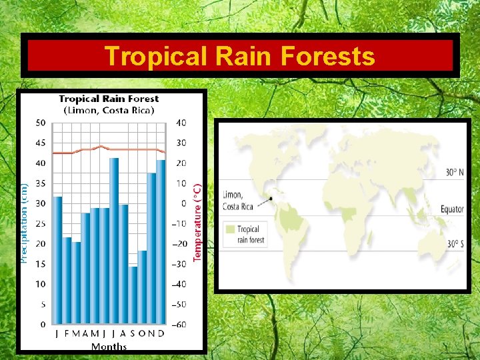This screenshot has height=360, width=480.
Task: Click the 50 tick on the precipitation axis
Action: (x=41, y=123)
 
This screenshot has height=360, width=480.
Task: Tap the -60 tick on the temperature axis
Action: (x=180, y=325)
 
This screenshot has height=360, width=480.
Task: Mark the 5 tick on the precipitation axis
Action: (x=43, y=305)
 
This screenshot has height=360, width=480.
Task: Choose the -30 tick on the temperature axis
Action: (x=180, y=264)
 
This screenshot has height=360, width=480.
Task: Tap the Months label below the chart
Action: (x=109, y=347)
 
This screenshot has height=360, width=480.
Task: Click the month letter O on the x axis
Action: (x=142, y=334)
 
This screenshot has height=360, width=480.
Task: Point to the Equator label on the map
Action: (x=451, y=209)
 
